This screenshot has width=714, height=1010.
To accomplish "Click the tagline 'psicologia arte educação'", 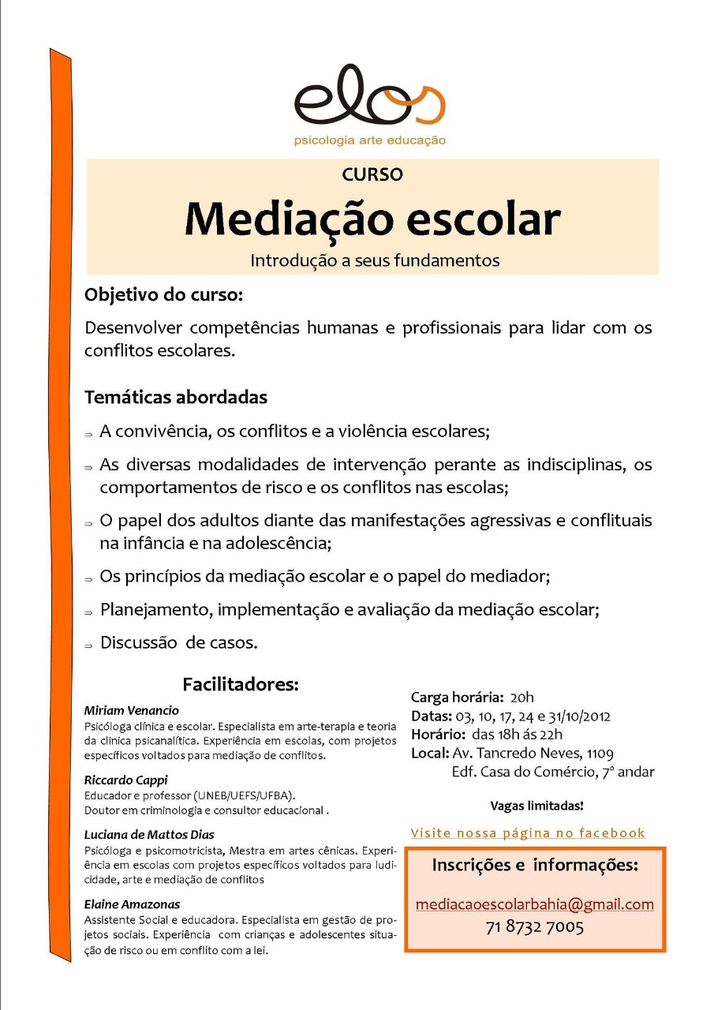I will [x=369, y=140].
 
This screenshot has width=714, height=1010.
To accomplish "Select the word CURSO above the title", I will [x=372, y=174].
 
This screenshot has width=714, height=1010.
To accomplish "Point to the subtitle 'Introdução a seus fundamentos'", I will [x=375, y=260].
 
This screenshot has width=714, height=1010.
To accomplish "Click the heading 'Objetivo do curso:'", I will [x=164, y=296].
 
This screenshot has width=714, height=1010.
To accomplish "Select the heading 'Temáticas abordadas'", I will [x=176, y=397].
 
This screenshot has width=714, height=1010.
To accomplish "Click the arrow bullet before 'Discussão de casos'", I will [x=89, y=645].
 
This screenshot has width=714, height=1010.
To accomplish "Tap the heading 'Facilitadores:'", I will [x=241, y=684].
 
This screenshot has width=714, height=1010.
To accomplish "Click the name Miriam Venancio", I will [x=132, y=710].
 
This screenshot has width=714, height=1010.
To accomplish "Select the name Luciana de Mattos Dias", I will [x=149, y=834].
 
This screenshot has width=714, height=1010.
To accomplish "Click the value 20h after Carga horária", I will [x=521, y=698].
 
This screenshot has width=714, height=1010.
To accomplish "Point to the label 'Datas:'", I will [x=432, y=716].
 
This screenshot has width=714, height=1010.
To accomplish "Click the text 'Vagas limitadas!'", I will [x=536, y=806].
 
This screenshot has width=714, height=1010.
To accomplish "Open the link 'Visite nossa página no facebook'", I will [x=528, y=833].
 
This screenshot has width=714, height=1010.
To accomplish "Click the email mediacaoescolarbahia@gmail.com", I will [x=535, y=904].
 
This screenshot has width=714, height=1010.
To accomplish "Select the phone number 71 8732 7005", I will [x=535, y=926].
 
